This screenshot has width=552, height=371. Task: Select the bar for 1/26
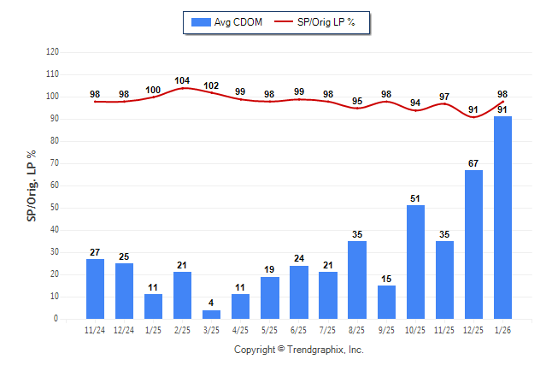click(502, 217)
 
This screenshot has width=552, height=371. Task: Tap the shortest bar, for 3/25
click(211, 314)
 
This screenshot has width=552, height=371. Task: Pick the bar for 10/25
click(415, 262)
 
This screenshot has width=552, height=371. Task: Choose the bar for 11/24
click(95, 288)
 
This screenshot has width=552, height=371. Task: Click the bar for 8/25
click(357, 280)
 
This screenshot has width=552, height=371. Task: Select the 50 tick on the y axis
click(55, 208)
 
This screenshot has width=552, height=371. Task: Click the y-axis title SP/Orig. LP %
click(32, 185)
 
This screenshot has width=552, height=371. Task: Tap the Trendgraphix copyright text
click(299, 350)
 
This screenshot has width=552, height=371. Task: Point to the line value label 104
click(182, 81)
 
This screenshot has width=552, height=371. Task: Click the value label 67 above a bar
click(473, 163)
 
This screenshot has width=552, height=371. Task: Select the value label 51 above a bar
click(415, 198)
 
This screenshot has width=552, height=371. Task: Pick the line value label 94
click(415, 103)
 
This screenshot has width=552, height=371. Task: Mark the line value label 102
click(211, 85)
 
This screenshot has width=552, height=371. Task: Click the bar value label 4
click(211, 303)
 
